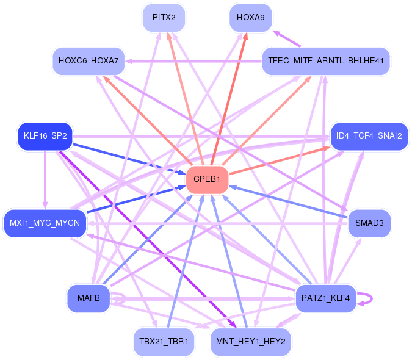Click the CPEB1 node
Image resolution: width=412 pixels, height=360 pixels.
click(207, 179)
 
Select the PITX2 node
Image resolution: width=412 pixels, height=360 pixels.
click(164, 18)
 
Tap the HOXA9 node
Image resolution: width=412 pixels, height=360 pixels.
click(251, 18)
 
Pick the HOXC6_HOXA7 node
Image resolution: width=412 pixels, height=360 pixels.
click(89, 61)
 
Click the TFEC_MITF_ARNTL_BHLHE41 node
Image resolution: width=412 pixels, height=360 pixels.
click(326, 61)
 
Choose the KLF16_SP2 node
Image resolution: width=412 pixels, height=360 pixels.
click(45, 136)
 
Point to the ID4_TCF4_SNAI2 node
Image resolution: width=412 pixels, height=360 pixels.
click(369, 136)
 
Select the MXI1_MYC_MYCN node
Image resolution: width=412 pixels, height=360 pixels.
click(45, 223)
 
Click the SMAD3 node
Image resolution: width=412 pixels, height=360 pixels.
click(369, 223)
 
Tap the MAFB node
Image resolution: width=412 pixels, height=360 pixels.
click(89, 298)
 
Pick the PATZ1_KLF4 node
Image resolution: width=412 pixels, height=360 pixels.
click(325, 298)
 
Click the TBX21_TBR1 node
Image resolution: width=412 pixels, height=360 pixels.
click(164, 342)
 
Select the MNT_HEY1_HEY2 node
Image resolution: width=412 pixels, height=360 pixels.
click(251, 342)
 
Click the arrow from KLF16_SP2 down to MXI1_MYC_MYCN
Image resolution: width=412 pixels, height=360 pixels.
click(45, 180)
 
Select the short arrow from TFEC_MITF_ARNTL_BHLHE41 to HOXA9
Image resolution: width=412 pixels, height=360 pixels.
click(287, 38)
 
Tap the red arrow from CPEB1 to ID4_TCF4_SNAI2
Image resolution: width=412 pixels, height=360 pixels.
click(280, 160)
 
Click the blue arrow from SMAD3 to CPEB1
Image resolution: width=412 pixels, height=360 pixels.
click(289, 202)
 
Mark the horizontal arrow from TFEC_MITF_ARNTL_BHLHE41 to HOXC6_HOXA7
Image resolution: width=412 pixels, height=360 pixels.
click(193, 62)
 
